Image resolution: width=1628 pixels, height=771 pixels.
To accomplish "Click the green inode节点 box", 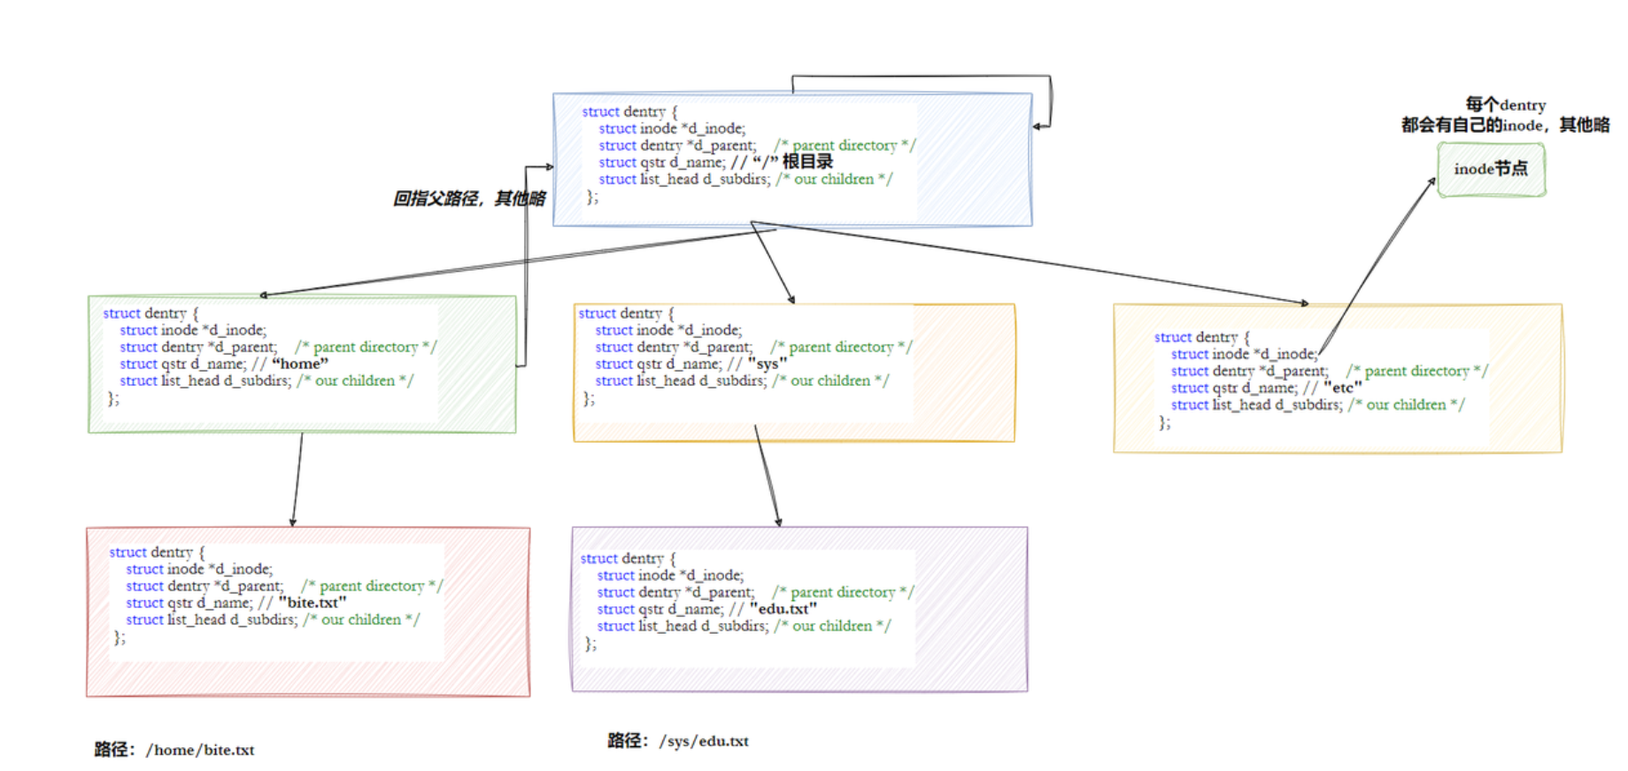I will click(1491, 169).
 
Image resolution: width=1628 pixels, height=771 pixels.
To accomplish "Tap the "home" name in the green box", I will click(300, 364).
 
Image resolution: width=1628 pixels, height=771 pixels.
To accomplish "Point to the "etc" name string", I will click(1342, 388).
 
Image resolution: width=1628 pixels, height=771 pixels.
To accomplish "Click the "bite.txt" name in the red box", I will click(312, 603).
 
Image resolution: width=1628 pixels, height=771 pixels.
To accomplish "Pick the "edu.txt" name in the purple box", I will click(783, 609).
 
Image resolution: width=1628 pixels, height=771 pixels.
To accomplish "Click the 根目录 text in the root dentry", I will click(807, 162).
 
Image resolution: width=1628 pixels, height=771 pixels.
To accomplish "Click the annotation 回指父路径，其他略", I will click(469, 198).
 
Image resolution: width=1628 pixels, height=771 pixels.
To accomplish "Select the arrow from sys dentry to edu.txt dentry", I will click(768, 479).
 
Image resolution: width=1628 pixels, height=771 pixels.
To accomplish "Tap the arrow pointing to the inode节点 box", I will click(1377, 266).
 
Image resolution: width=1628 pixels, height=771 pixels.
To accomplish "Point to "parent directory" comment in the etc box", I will click(1416, 371).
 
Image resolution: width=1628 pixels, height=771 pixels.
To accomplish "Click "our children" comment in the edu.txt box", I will click(832, 626).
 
